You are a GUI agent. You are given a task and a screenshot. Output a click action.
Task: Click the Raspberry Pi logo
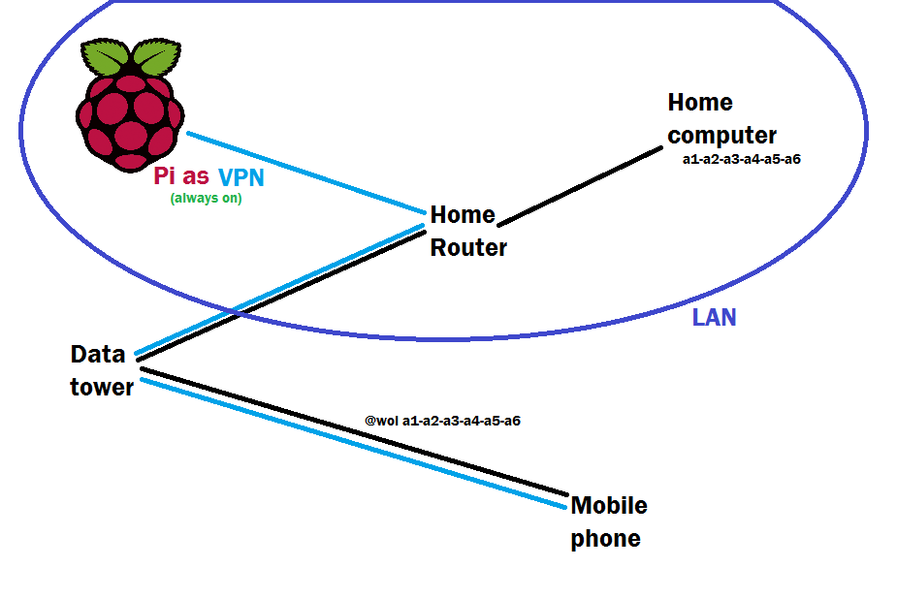point(129,111)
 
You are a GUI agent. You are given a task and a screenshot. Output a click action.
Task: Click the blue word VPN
point(240,177)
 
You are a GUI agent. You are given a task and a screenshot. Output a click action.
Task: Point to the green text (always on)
point(206,199)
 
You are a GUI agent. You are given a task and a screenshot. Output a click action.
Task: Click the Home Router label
point(467,231)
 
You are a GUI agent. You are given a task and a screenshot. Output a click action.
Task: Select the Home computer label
point(721,118)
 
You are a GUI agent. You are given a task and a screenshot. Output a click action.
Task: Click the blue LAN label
point(714,317)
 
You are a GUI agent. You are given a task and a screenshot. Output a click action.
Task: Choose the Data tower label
point(101,370)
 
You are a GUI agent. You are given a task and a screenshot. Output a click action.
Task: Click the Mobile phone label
point(608,521)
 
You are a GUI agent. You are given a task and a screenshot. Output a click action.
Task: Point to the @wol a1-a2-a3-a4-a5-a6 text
point(442,421)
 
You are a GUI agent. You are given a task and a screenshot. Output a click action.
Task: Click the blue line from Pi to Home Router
point(305,171)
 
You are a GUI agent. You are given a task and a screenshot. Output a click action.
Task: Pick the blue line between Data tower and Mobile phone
point(354,442)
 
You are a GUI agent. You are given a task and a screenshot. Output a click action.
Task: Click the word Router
point(468,247)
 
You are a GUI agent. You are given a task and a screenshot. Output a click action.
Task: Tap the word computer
point(721,136)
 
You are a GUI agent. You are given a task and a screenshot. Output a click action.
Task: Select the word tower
point(101,387)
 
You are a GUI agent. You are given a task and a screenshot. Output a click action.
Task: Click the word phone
point(605,538)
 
